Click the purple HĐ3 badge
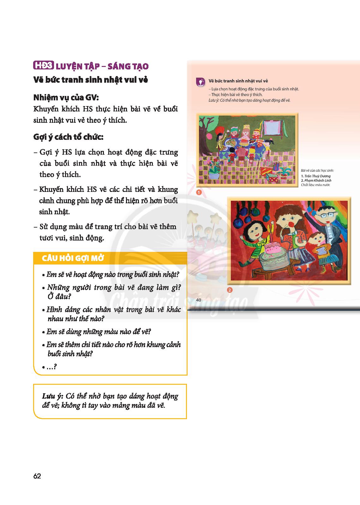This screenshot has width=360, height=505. tap(44, 66)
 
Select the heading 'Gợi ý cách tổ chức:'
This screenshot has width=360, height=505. tap(69, 137)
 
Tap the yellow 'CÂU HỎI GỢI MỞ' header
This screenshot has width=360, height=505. tap(73, 258)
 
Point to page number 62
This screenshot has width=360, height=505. tap(37, 476)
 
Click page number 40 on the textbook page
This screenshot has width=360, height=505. tap(199, 300)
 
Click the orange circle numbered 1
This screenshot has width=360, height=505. tap(199, 192)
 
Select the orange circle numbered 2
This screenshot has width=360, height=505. tap(230, 290)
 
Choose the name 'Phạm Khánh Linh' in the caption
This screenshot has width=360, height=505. tap(316, 181)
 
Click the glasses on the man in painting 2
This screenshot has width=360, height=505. tap(326, 215)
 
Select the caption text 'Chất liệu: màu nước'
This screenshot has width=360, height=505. tap(315, 185)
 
